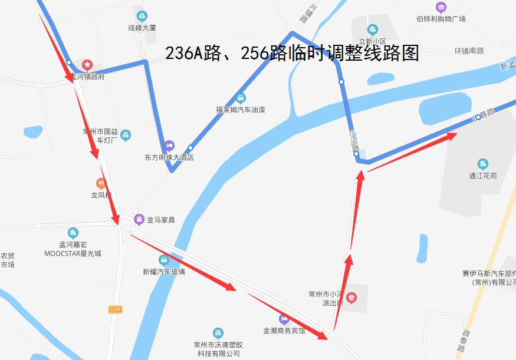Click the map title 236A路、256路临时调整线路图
coord(292,54)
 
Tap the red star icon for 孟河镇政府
coord(87,65)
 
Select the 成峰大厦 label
coord(142,28)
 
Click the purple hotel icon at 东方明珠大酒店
coord(169,145)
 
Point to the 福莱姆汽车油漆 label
coord(240,110)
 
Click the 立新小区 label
coord(372,41)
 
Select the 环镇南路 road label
coord(469,51)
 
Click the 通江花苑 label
coord(483,175)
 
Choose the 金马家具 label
coord(160,220)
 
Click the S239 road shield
coord(115,309)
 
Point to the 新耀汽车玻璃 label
coord(164,272)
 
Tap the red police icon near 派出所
coord(351,298)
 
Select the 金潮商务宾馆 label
coord(284,331)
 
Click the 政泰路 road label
coord(463,341)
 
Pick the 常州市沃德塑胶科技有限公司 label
coord(218,349)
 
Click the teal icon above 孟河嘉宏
coord(73,233)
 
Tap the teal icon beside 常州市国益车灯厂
coord(126,136)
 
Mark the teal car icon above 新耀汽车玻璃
coord(164,260)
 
